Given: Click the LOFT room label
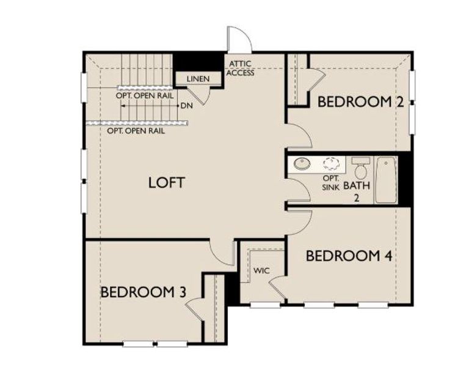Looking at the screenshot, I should [x=166, y=182].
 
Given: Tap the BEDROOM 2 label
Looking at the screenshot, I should [x=360, y=102].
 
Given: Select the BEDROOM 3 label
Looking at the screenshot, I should [x=143, y=292].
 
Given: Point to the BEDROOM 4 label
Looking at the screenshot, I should [x=348, y=256].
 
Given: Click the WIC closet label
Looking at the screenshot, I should [x=261, y=270].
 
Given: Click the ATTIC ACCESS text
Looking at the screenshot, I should [x=241, y=68].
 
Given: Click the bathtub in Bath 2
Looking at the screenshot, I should [x=386, y=180].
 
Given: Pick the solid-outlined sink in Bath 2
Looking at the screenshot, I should [x=301, y=164].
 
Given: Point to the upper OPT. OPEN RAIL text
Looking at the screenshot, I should [x=145, y=96].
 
